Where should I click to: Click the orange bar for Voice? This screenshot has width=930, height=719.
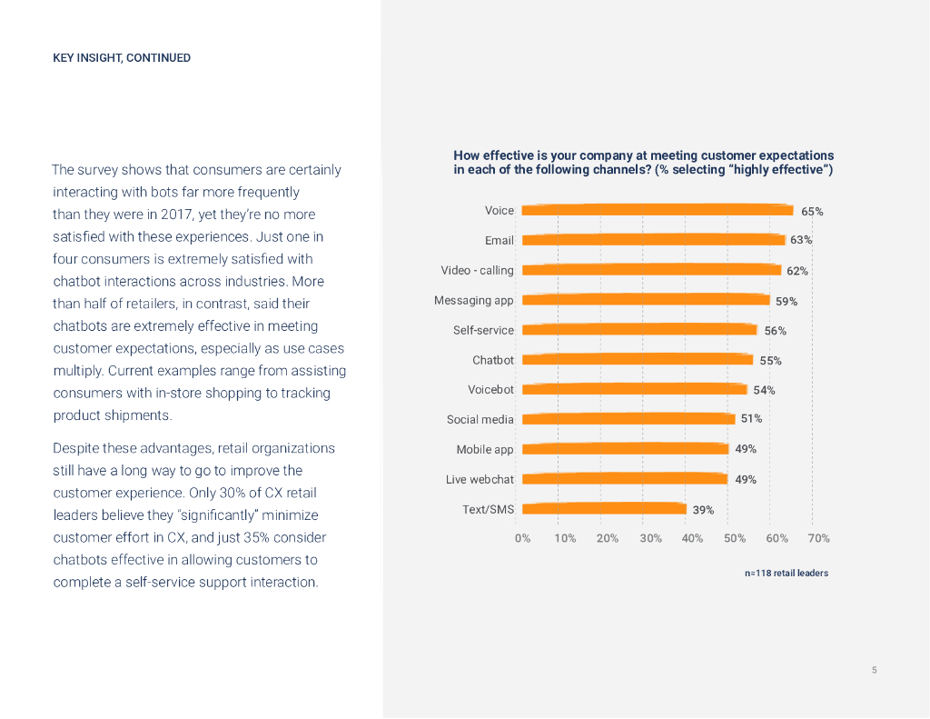pyautogui.click(x=658, y=210)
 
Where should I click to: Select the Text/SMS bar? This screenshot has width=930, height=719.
pyautogui.click(x=604, y=509)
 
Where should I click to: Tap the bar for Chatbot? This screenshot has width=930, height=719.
pyautogui.click(x=638, y=360)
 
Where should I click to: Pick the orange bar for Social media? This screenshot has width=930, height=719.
pyautogui.click(x=628, y=419)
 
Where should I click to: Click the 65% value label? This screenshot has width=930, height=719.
pyautogui.click(x=812, y=212)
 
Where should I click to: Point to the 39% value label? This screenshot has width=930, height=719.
pyautogui.click(x=703, y=510)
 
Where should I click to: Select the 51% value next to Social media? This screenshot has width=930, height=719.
pyautogui.click(x=751, y=419)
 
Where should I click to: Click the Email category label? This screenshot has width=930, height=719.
pyautogui.click(x=499, y=241)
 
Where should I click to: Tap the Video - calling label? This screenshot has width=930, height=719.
pyautogui.click(x=477, y=270)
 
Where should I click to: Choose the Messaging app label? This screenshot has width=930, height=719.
pyautogui.click(x=473, y=300)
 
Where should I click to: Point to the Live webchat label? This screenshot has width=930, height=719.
pyautogui.click(x=480, y=479)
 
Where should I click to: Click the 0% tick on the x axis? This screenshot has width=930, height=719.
pyautogui.click(x=523, y=538)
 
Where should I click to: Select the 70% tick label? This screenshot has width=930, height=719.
pyautogui.click(x=818, y=538)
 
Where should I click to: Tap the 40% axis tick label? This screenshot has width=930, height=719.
pyautogui.click(x=692, y=538)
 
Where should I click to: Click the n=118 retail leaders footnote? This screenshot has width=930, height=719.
pyautogui.click(x=786, y=574)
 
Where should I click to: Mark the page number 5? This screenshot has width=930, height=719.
pyautogui.click(x=874, y=670)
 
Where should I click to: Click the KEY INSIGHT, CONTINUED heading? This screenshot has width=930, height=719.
pyautogui.click(x=122, y=58)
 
